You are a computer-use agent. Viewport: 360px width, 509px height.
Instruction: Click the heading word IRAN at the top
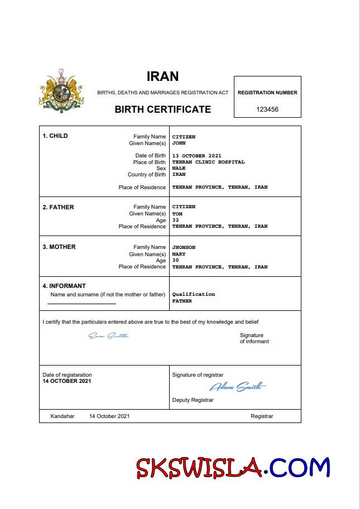[x=162, y=76]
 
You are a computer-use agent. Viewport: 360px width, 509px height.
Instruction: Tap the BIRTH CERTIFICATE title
[x=162, y=109]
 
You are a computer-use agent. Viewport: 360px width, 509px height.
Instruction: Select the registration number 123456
[x=267, y=109]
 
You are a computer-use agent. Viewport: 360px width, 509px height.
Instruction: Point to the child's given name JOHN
[x=179, y=143]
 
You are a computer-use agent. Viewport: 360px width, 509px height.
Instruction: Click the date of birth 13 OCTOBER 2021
[x=196, y=155]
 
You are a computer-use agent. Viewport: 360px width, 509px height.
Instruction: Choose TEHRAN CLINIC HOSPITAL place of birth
[x=208, y=162]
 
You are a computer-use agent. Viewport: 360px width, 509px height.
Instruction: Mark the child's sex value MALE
[x=179, y=168]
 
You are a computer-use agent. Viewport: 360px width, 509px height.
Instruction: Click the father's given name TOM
[x=177, y=213]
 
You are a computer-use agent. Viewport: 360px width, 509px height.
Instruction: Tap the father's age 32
[x=175, y=220]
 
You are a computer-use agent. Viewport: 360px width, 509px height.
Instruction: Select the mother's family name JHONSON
[x=184, y=247]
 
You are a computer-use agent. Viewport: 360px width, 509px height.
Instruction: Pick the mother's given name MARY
[x=179, y=254]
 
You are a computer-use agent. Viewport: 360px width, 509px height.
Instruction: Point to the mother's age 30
[x=175, y=261]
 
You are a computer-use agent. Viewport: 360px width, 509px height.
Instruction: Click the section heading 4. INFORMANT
[x=64, y=286]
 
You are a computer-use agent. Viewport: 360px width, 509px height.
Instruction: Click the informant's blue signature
[x=108, y=335]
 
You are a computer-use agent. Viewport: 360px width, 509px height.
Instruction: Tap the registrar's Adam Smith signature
[x=237, y=387]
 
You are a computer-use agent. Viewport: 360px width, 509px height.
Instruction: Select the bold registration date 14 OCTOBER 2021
[x=66, y=381]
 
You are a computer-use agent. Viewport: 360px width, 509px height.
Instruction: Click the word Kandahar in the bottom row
[x=62, y=416]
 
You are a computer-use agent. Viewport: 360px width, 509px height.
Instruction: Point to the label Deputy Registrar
[x=193, y=400]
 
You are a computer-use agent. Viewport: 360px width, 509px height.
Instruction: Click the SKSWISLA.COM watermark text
[x=233, y=468]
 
